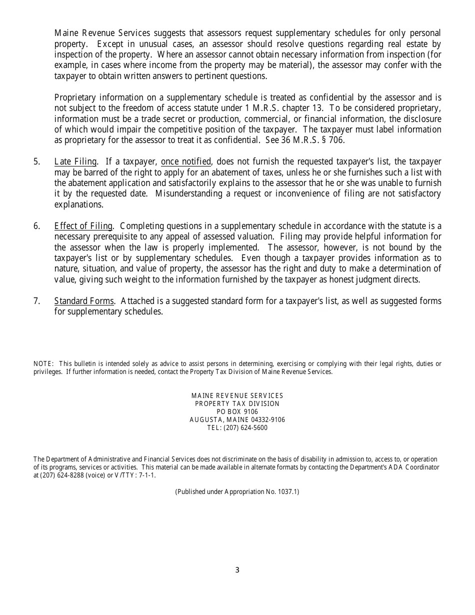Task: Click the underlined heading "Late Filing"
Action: click(75, 161)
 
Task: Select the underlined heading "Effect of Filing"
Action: click(83, 226)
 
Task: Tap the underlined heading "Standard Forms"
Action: click(84, 301)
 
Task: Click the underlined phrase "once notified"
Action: click(185, 161)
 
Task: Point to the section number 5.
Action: click(36, 161)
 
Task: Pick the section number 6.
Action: click(36, 226)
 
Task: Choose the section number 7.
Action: click(36, 301)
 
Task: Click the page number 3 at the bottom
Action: click(237, 570)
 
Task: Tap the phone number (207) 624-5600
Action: click(246, 428)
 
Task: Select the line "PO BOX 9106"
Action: click(237, 412)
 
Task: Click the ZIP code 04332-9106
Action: click(268, 420)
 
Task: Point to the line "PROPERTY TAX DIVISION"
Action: click(237, 404)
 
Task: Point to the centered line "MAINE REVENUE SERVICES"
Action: click(237, 396)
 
